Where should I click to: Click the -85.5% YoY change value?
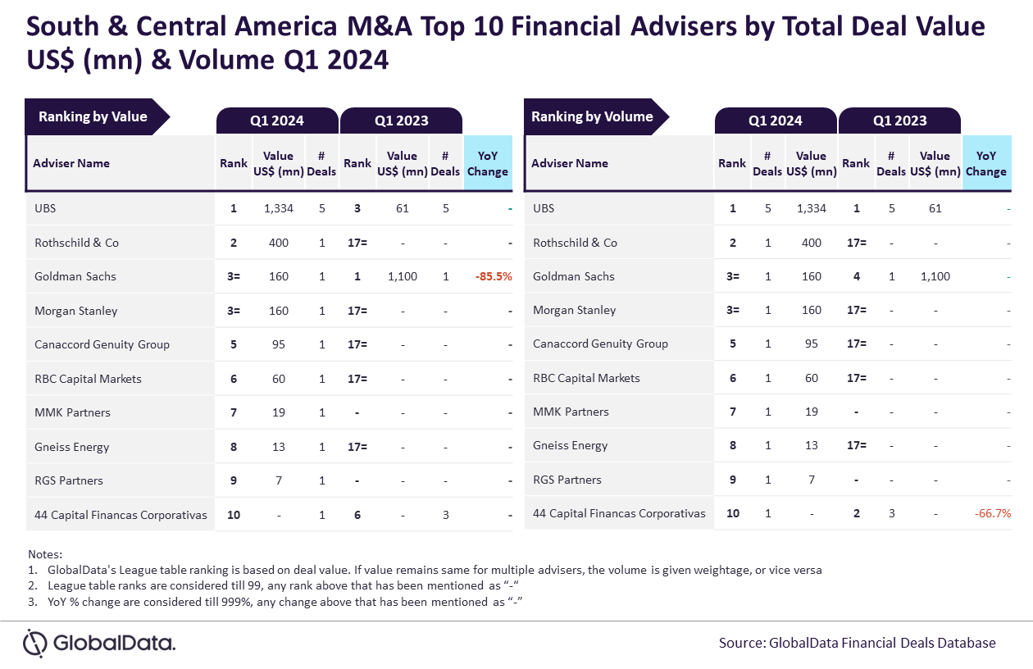point(494,276)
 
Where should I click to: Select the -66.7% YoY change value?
point(992,513)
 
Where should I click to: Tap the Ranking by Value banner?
point(97,116)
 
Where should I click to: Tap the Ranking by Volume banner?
point(596,116)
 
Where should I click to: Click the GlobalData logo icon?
point(35,643)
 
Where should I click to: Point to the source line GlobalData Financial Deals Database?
point(858,644)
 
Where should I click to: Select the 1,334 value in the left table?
point(279,208)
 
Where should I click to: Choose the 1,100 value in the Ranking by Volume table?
point(935,276)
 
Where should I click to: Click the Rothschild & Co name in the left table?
point(76,243)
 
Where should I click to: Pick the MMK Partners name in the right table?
point(571,412)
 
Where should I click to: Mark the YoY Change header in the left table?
point(488,164)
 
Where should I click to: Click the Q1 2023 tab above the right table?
point(899,121)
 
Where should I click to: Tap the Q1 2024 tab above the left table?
point(277,121)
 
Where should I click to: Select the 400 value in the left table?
point(279,243)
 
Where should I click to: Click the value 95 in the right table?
point(811,344)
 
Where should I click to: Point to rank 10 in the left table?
point(234,515)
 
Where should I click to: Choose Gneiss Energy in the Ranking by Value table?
point(72,447)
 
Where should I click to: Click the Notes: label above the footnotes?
point(45,554)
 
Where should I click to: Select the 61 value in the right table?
point(935,208)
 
